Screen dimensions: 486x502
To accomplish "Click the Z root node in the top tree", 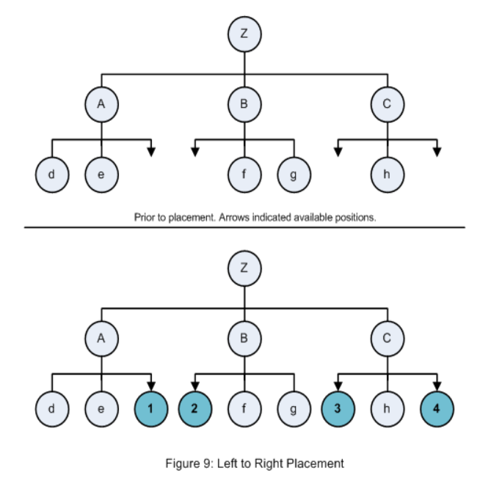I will click(x=244, y=34).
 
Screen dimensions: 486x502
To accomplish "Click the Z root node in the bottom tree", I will click(x=244, y=268).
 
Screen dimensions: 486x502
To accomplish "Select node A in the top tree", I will click(x=101, y=105).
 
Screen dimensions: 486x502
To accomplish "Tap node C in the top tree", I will click(x=388, y=105).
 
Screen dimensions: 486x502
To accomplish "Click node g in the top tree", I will click(x=294, y=175).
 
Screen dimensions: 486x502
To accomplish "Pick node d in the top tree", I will click(x=51, y=175).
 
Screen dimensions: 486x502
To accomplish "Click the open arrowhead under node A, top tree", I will click(x=150, y=152).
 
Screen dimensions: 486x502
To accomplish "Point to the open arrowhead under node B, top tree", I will click(x=195, y=152).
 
